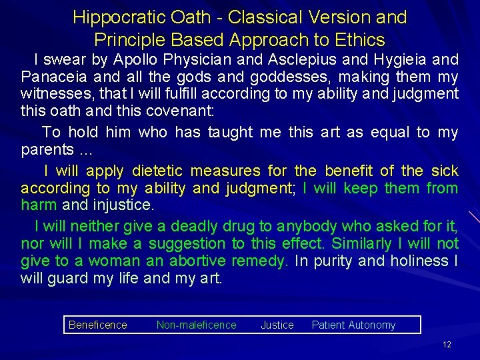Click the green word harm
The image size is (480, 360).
pos(39,204)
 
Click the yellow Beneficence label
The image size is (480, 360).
pos(97,325)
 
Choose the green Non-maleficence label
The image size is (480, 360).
pos(196,325)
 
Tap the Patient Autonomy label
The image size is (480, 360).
pos(353,325)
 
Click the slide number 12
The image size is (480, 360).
pos(447,345)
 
